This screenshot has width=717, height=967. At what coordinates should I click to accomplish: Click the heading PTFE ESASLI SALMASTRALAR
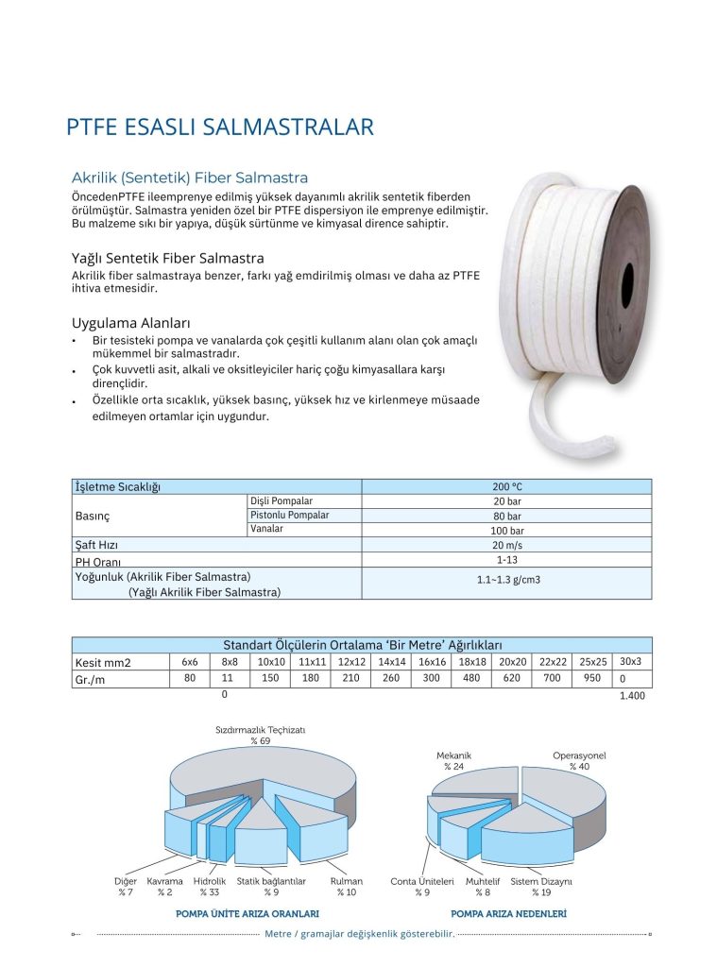tap(220, 127)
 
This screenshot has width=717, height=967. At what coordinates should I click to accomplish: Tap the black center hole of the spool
tap(628, 282)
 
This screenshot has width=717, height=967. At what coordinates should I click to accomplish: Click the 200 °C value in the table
tap(506, 486)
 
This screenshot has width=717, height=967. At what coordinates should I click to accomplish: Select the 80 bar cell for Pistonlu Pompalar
tap(506, 516)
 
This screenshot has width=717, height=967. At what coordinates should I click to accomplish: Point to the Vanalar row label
tap(266, 529)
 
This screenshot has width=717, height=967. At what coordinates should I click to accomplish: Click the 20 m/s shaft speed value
tap(506, 545)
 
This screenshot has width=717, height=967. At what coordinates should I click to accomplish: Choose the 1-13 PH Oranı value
tap(506, 560)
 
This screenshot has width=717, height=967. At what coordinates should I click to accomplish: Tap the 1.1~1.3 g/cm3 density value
tap(506, 582)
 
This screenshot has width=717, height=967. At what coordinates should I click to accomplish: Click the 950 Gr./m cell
tap(592, 678)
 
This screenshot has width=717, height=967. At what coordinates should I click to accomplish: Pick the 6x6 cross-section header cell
tap(190, 661)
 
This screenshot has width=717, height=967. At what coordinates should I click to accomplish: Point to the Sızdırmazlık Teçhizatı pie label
tap(260, 735)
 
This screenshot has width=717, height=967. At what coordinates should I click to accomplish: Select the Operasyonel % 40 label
tap(579, 760)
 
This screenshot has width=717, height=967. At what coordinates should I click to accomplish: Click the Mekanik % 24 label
tap(453, 760)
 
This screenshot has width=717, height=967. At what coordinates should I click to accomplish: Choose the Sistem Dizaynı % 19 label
tap(541, 886)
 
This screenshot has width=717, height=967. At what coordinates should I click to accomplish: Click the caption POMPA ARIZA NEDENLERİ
tap(508, 914)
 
